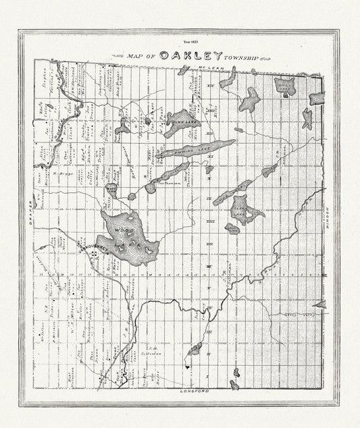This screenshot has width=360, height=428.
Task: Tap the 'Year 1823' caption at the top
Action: click(180, 42)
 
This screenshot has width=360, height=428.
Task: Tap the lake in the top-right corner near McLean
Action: click(284, 86)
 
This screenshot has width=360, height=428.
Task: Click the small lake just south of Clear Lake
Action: click(232, 230)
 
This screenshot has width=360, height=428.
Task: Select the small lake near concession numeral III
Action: click(195, 349)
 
